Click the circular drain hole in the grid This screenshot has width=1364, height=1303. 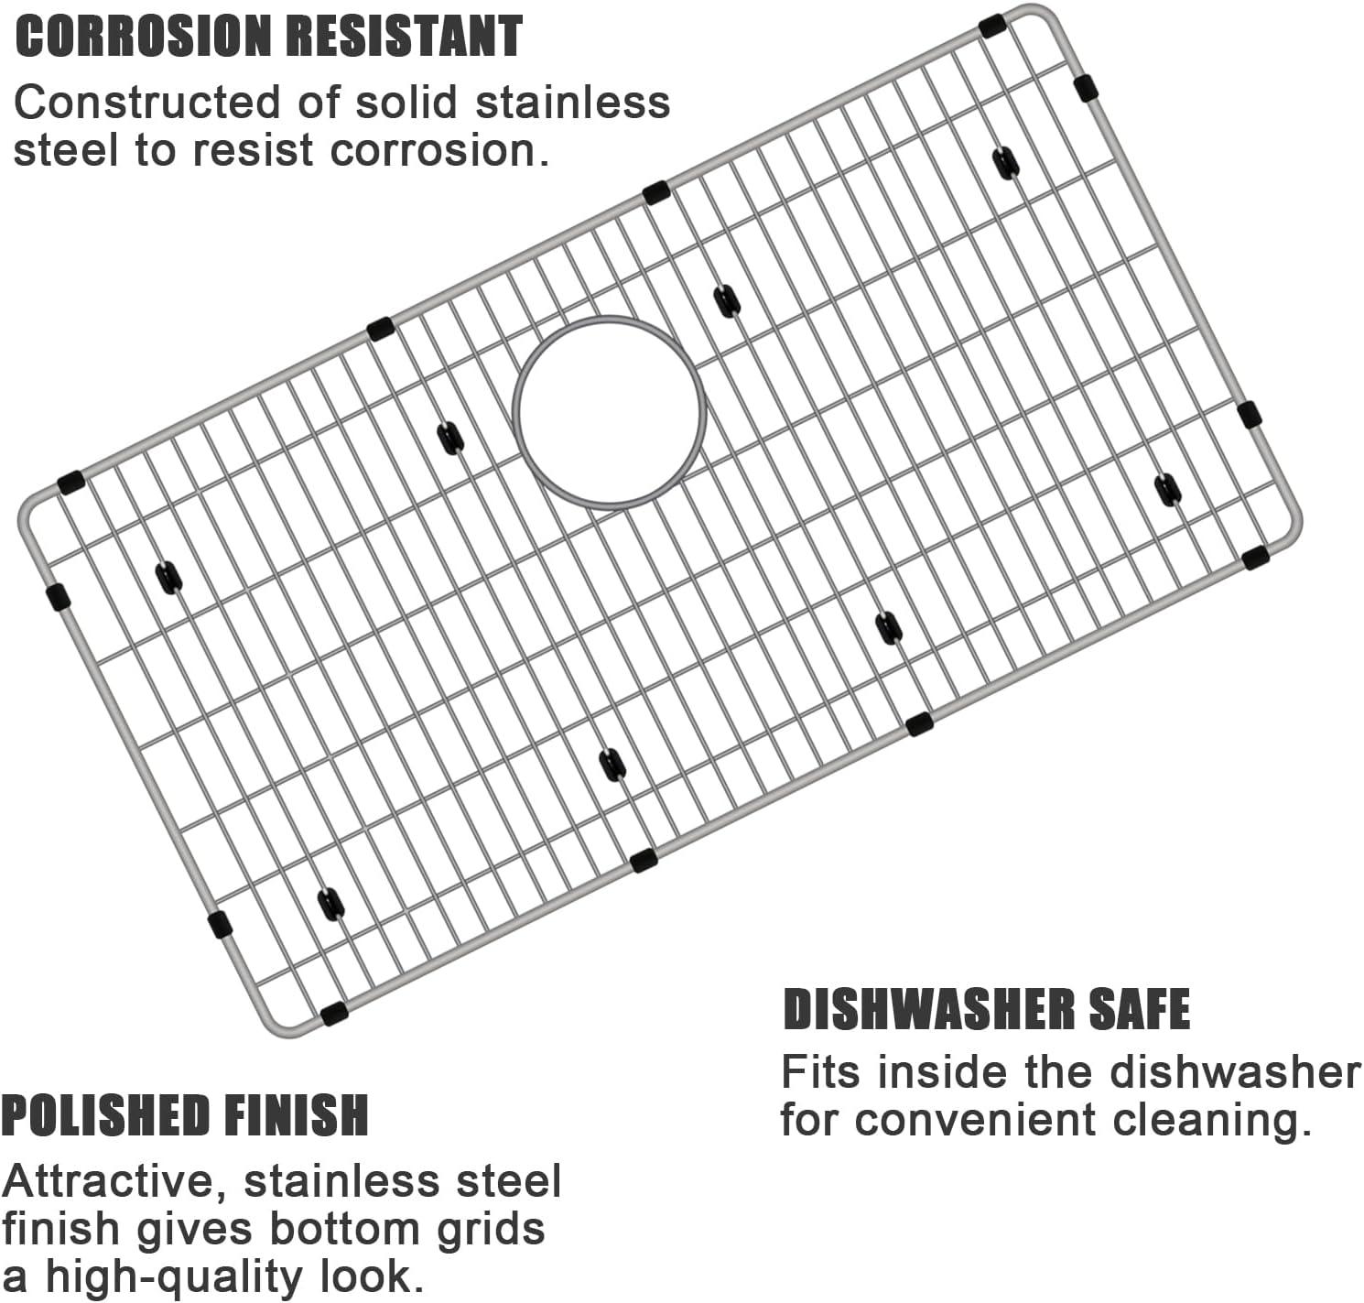coord(609,411)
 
